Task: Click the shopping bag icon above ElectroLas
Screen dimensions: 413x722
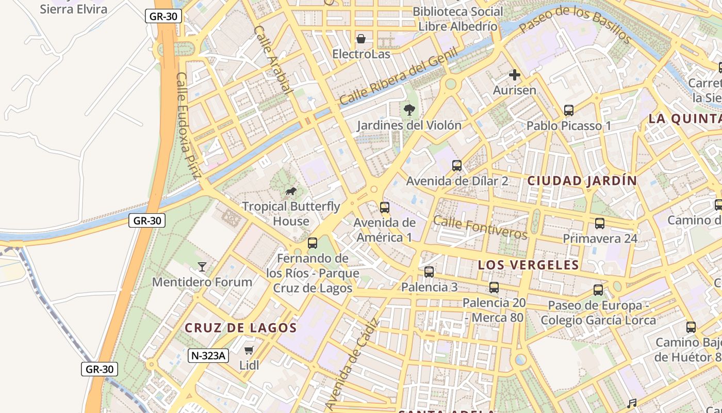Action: pos(361,39)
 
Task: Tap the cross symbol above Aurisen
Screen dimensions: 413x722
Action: pos(514,75)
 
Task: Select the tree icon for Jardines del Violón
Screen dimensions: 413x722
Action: pos(409,109)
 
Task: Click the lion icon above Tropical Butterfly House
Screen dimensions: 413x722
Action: pos(291,192)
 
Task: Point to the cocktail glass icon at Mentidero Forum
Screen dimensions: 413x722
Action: pos(202,266)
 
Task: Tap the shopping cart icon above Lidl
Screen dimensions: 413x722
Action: pos(249,351)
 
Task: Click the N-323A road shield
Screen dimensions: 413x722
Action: pos(208,355)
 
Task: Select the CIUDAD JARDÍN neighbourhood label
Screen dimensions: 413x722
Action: pos(582,181)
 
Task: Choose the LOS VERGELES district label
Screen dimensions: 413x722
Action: pos(528,265)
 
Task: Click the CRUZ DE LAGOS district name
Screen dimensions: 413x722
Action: pos(241,328)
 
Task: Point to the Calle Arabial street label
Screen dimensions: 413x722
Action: pos(273,59)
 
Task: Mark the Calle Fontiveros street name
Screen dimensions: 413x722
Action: pos(480,227)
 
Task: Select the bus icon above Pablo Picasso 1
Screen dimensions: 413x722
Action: pos(569,110)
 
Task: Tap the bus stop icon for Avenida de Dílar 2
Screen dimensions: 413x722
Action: pos(457,166)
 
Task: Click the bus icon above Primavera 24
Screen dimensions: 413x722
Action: pos(600,224)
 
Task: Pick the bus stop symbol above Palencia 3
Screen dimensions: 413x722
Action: pos(429,272)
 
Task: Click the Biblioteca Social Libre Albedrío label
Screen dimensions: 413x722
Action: pos(458,19)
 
